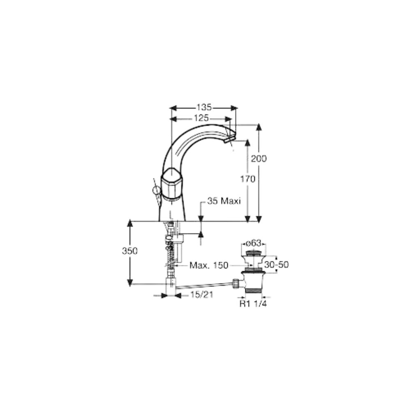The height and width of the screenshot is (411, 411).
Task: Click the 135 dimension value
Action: [204, 107]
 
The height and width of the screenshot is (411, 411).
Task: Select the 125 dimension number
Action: [201, 118]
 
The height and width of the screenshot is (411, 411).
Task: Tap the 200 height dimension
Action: [259, 158]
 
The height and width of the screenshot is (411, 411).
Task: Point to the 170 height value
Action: [248, 179]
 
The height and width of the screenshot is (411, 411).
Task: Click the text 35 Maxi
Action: [224, 201]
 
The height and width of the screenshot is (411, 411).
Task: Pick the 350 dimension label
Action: [130, 251]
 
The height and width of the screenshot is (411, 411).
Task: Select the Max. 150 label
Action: [209, 265]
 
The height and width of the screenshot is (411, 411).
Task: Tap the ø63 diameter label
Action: [254, 243]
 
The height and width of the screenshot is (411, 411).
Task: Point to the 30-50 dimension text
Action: [276, 264]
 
